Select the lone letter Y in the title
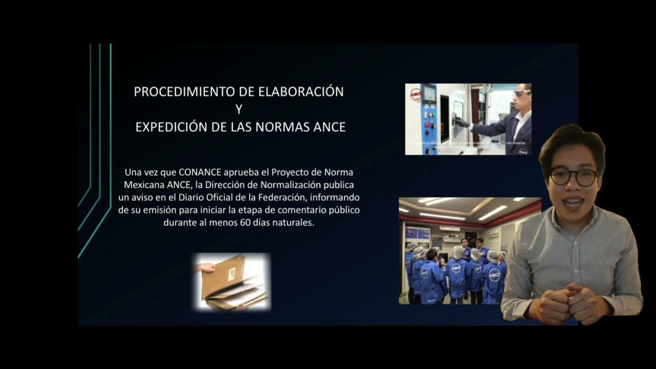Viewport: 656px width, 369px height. [239, 110]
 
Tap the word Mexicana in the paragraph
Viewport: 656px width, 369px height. [141, 184]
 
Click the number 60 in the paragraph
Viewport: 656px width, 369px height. [244, 223]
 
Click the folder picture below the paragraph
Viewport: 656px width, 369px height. [233, 282]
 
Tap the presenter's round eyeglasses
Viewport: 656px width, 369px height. [574, 176]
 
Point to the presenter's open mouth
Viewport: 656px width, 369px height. [573, 203]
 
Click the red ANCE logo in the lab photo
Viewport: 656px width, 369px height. [415, 94]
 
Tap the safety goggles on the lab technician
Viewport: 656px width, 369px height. [521, 93]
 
